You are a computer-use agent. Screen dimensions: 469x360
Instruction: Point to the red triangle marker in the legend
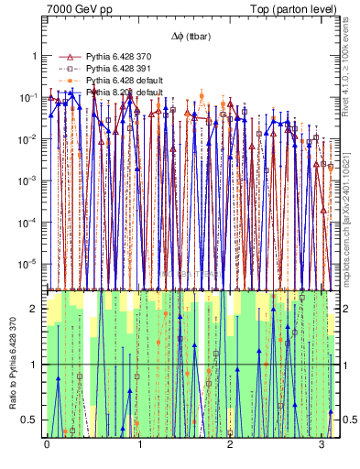click(70, 57)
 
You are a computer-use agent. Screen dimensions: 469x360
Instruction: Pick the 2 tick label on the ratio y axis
click(35, 310)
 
